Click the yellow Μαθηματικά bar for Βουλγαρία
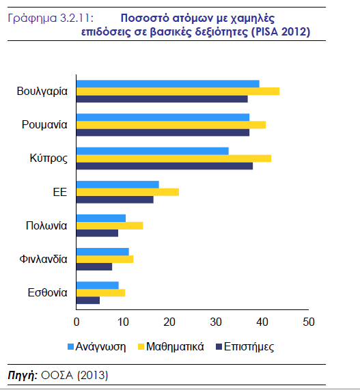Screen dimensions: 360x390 pos(178,92)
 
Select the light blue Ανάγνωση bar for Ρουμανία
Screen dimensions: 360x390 pos(163,117)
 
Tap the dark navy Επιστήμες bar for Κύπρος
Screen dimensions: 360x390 pos(165,166)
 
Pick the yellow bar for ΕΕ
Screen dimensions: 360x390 pos(128,192)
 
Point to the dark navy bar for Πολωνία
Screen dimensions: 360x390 pos(97,233)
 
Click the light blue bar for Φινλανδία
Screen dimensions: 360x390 pos(102,252)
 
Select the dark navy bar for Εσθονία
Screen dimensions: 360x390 pos(88,301)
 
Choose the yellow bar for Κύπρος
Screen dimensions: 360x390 pos(174,158)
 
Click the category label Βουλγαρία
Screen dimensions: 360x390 pos(42,92)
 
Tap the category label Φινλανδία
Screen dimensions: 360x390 pos(43,259)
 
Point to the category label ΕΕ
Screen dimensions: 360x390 pos(60,192)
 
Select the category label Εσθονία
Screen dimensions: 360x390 pos(47,292)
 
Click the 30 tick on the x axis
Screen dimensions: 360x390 pos(216,322)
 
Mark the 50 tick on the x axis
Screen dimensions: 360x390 pos(309,322)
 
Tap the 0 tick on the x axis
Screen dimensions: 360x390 pos(77,322)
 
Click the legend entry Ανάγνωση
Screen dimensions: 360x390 pos(97,347)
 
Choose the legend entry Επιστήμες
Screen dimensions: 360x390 pos(245,347)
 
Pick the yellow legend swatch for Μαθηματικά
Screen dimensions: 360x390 pos(141,347)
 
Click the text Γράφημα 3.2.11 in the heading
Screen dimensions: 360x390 pos(51,18)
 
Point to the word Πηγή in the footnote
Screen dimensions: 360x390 pos(23,375)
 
